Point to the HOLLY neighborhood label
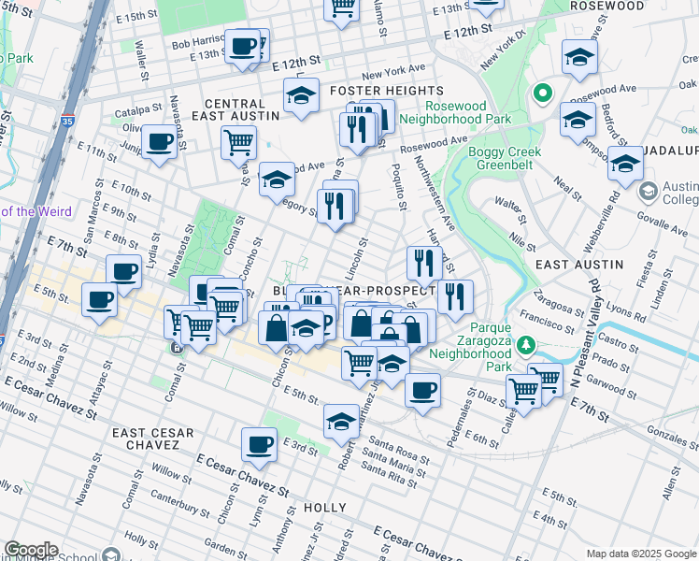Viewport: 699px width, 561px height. (x=325, y=508)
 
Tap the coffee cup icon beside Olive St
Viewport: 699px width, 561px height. (x=160, y=142)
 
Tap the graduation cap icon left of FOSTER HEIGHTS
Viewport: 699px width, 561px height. (x=301, y=94)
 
